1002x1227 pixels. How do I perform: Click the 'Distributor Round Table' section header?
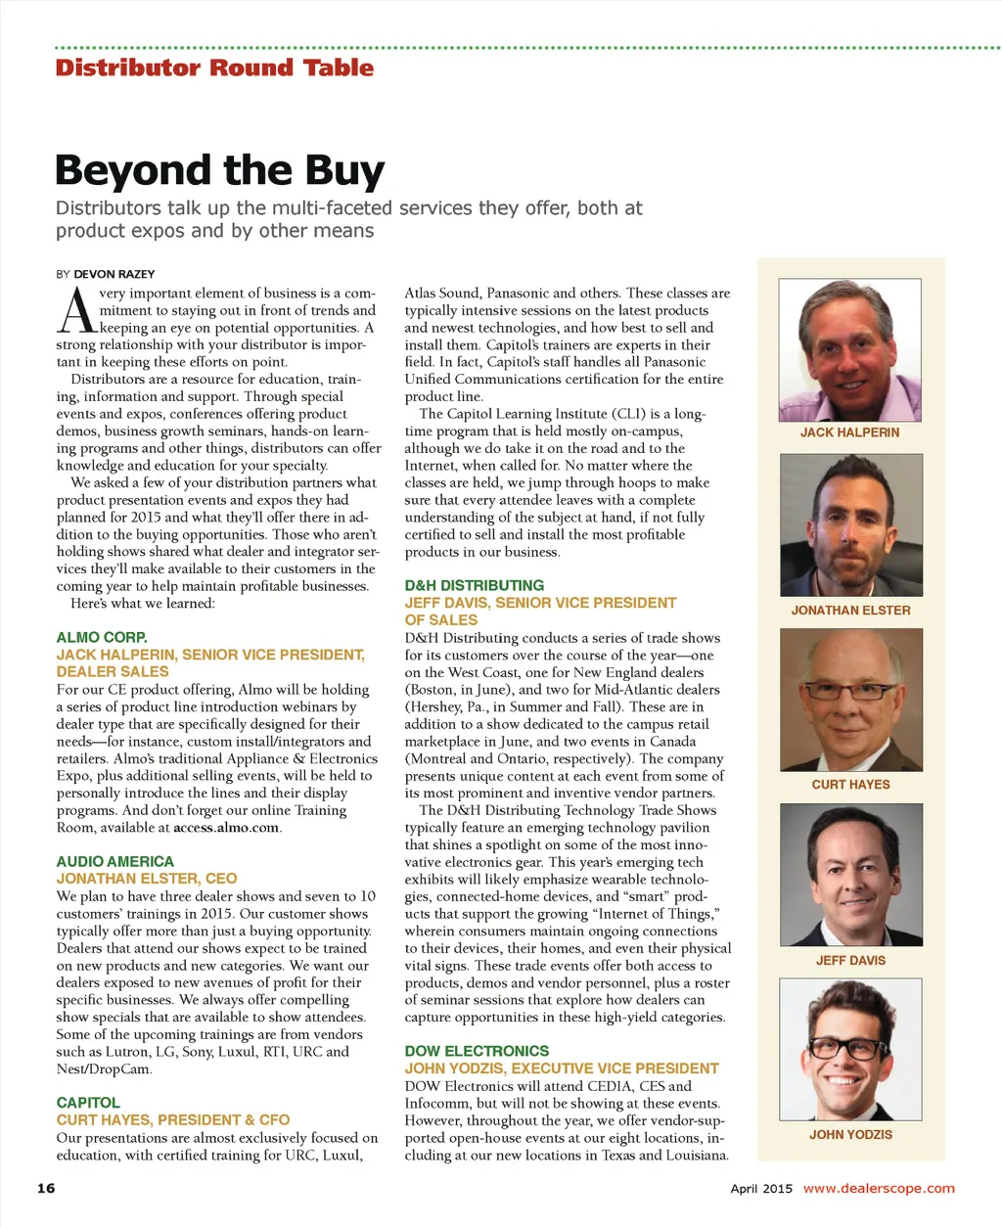point(214,68)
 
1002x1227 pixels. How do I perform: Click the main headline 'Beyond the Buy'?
point(220,170)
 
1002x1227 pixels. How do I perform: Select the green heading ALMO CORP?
point(102,637)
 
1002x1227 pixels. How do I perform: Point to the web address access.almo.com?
point(226,828)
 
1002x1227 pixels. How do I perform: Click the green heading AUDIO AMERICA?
point(114,861)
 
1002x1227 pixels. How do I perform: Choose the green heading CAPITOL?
point(88,1102)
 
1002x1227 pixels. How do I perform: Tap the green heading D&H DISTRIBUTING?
point(475,585)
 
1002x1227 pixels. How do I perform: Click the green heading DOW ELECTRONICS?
point(477,1051)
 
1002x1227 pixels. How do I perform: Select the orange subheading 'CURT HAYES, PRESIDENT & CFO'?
point(173,1119)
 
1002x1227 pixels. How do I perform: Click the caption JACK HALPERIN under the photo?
point(849,432)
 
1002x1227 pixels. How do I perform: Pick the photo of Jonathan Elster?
point(850,525)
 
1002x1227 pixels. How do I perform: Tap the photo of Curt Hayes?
point(850,700)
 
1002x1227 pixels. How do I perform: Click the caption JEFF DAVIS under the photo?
point(850,961)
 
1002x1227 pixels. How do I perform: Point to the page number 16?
point(46,1188)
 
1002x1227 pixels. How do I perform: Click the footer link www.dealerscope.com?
point(878,1188)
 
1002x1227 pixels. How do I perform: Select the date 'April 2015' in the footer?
point(761,1189)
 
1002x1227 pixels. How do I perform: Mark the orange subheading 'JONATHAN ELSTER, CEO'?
point(147,879)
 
